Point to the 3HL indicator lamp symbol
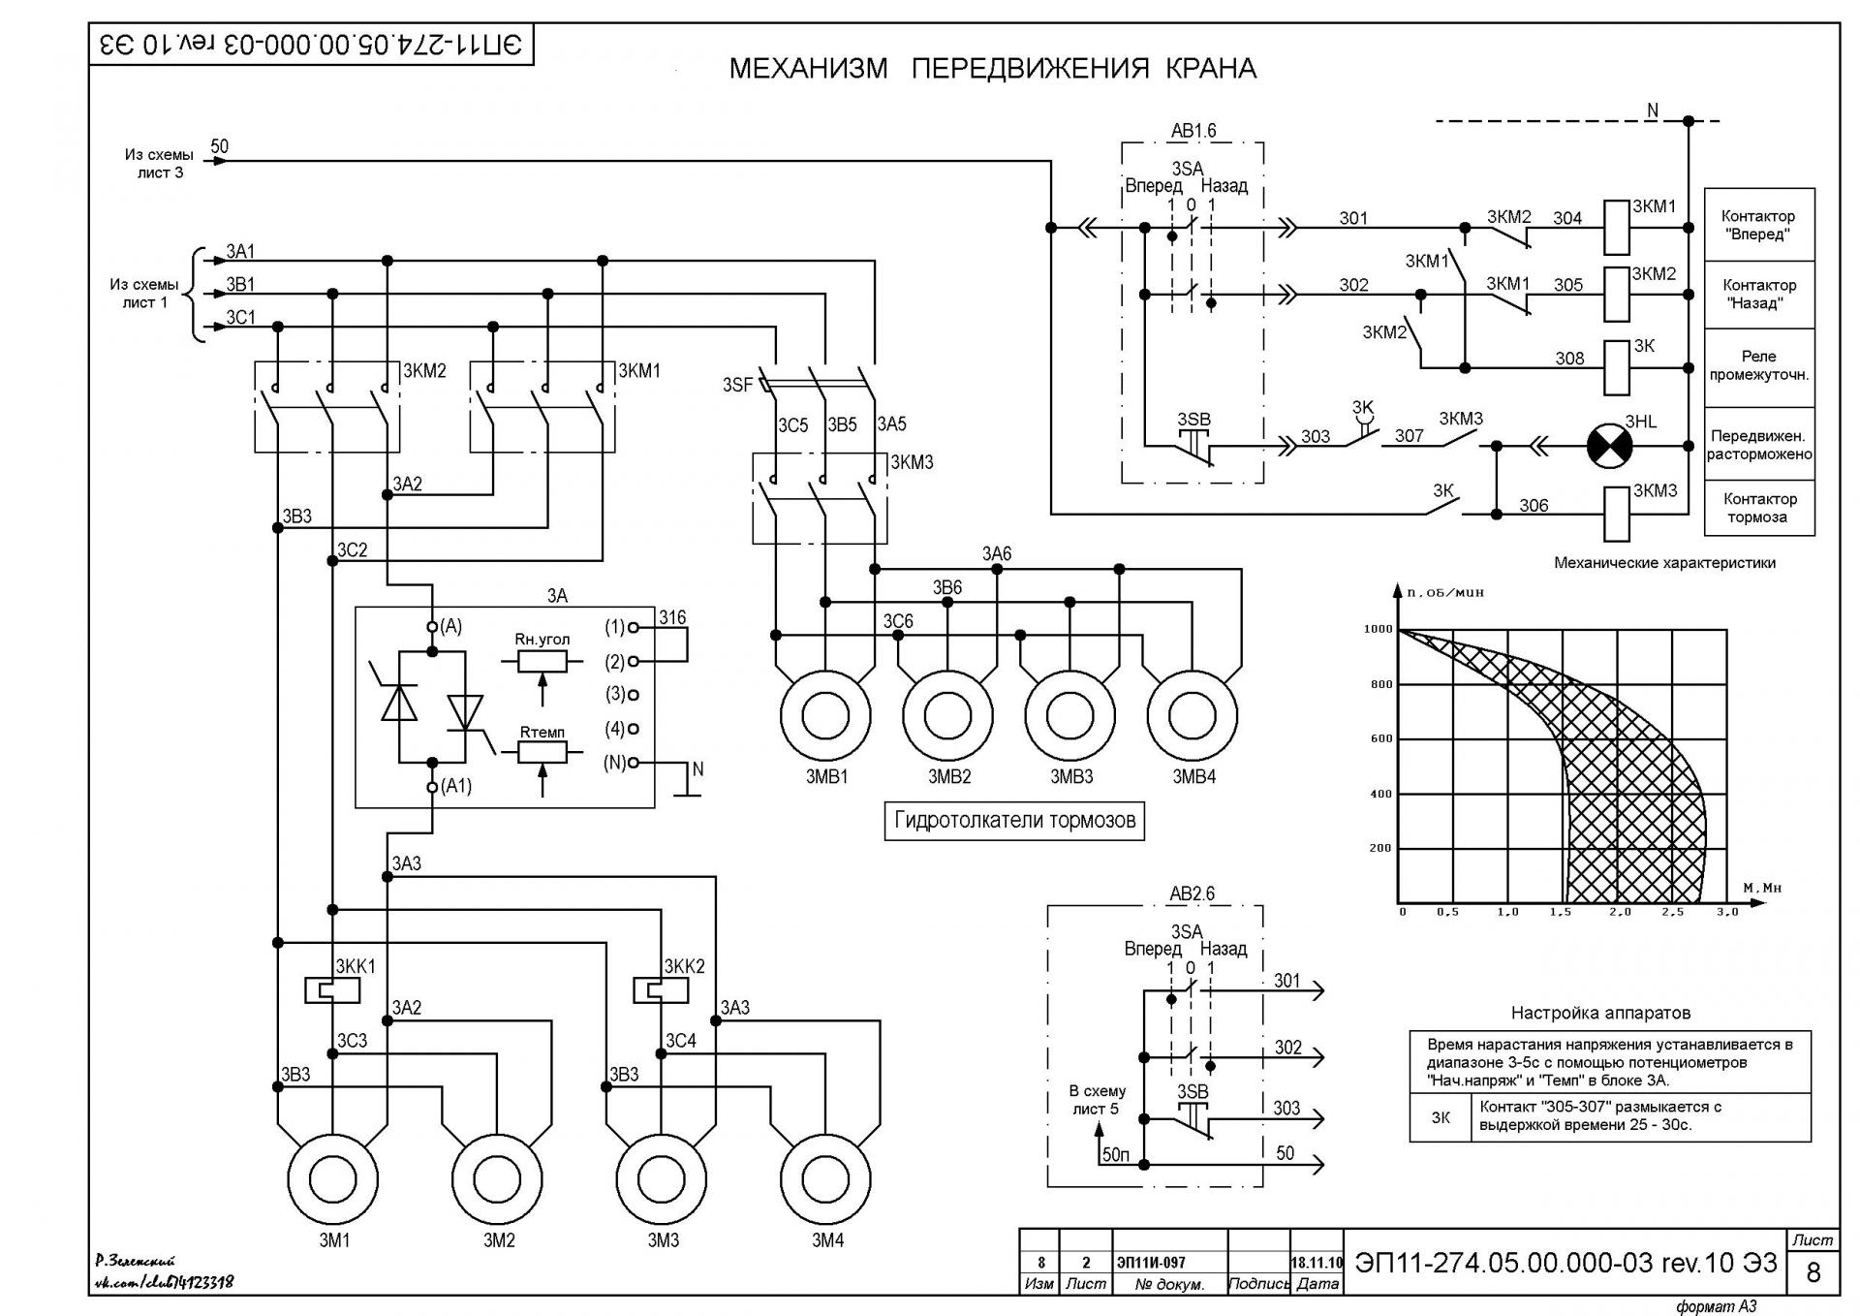click(x=1609, y=447)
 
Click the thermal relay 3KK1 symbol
click(x=332, y=990)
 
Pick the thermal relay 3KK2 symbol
click(x=661, y=990)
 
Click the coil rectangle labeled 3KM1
click(x=1617, y=228)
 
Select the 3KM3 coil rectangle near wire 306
click(x=1617, y=514)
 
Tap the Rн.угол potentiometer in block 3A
click(x=542, y=661)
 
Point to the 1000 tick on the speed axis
click(x=1378, y=629)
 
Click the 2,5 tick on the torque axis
click(x=1672, y=912)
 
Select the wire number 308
click(x=1569, y=359)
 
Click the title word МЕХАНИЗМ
click(x=808, y=69)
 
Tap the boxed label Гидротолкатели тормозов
click(x=1014, y=821)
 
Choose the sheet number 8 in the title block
click(x=1813, y=1271)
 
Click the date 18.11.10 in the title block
click(x=1317, y=1263)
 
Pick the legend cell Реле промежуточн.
click(x=1759, y=366)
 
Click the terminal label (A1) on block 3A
click(x=456, y=786)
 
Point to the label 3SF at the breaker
click(x=737, y=385)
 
